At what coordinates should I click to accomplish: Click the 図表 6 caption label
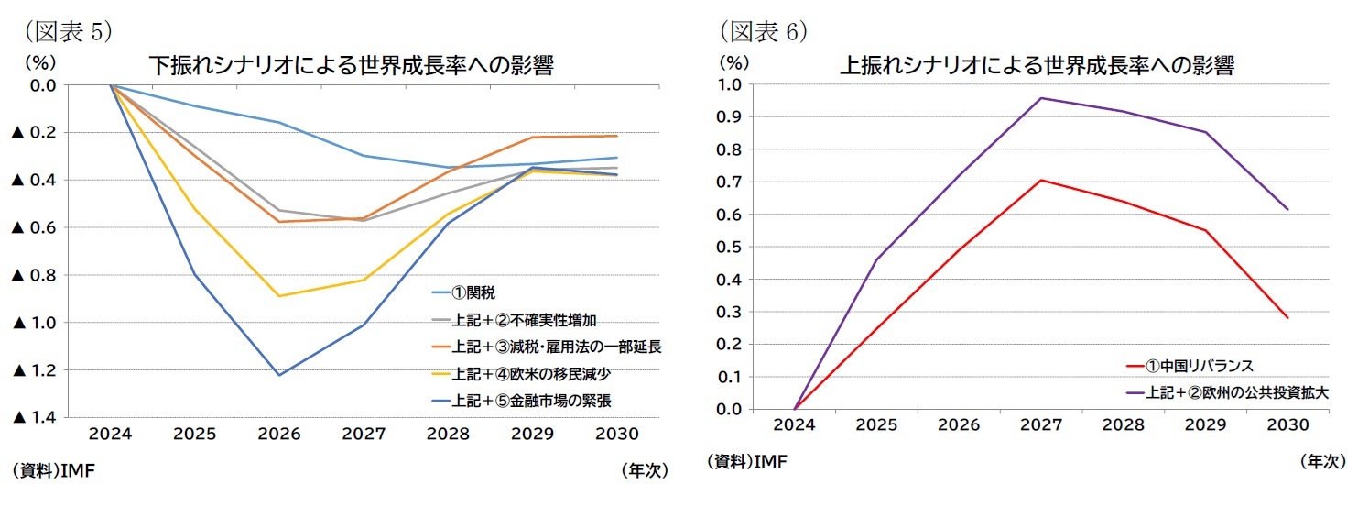pyautogui.click(x=763, y=31)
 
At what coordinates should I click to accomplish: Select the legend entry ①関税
pyautogui.click(x=475, y=293)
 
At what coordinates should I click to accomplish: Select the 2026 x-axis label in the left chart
pyautogui.click(x=279, y=434)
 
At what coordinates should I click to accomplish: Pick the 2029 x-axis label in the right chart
pyautogui.click(x=1205, y=425)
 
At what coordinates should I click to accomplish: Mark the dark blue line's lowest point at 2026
pyautogui.click(x=279, y=375)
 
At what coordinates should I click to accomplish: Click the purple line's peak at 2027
pyautogui.click(x=1041, y=98)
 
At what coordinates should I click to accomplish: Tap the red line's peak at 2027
pyautogui.click(x=1041, y=180)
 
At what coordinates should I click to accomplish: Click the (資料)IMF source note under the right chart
pyautogui.click(x=746, y=461)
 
